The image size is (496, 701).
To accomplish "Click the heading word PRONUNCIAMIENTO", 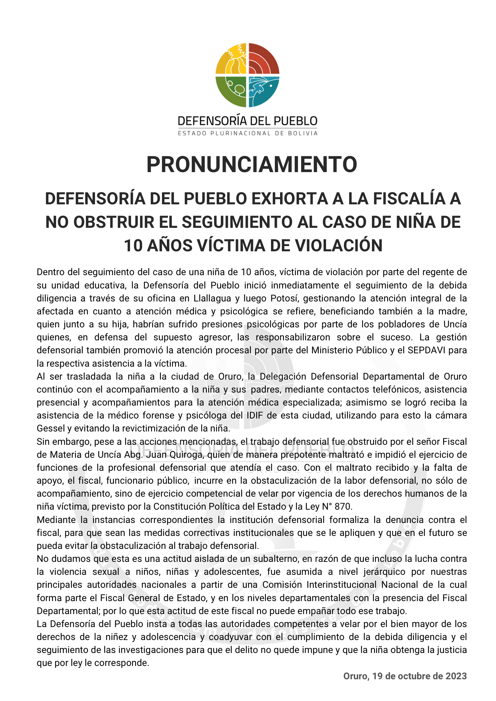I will point(252,164).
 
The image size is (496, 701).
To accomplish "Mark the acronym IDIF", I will point(254,415).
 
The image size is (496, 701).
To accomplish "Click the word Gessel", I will point(51,428).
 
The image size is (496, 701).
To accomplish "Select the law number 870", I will point(343,506).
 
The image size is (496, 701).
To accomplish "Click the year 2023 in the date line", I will point(456,676).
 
